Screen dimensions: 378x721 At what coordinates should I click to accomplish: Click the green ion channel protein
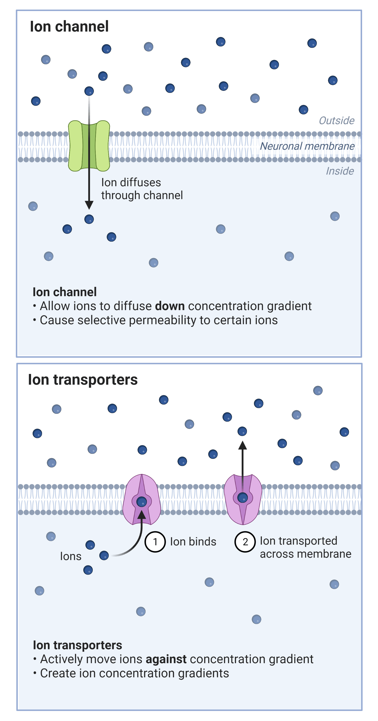pyautogui.click(x=89, y=146)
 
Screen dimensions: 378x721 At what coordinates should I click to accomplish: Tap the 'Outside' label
pyautogui.click(x=336, y=121)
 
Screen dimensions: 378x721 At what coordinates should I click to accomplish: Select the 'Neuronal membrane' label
pyautogui.click(x=307, y=146)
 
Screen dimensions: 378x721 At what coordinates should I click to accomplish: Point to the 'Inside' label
pyautogui.click(x=340, y=171)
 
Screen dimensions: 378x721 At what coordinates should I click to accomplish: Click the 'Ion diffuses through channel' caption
pyautogui.click(x=142, y=189)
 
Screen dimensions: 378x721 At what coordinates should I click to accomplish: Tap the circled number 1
pyautogui.click(x=155, y=542)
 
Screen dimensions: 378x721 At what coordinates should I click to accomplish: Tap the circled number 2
pyautogui.click(x=245, y=542)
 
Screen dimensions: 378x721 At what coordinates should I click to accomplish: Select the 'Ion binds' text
pyautogui.click(x=193, y=542)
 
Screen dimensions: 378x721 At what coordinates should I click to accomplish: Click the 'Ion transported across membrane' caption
pyautogui.click(x=305, y=547)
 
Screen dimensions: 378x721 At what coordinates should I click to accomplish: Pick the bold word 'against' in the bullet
pyautogui.click(x=166, y=659)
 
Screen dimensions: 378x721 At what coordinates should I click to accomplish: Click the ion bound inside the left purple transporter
pyautogui.click(x=142, y=502)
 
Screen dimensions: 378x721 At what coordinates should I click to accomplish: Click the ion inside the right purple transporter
pyautogui.click(x=243, y=498)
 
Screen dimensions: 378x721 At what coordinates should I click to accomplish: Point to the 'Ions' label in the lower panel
pyautogui.click(x=71, y=556)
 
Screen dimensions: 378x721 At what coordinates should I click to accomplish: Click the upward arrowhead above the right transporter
pyautogui.click(x=243, y=445)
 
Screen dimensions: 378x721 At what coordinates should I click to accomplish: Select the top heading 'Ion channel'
pyautogui.click(x=69, y=27)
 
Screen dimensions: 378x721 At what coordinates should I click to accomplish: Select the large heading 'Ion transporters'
pyautogui.click(x=83, y=380)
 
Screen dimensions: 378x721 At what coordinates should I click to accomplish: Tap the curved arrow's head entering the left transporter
pyautogui.click(x=142, y=515)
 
